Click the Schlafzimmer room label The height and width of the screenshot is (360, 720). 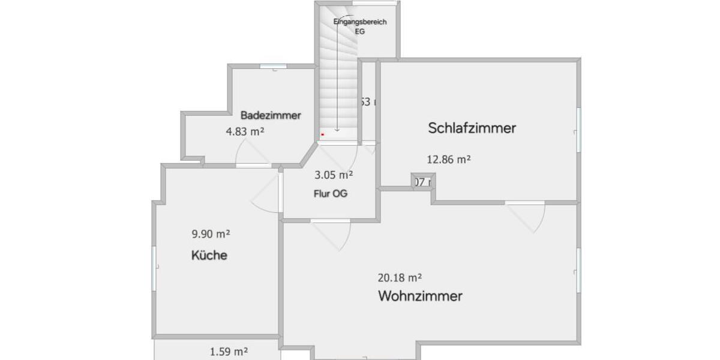click(x=472, y=128)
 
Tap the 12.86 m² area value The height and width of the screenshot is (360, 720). click(x=448, y=160)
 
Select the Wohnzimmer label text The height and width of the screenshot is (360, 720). click(x=420, y=296)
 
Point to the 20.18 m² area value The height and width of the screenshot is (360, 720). click(x=400, y=278)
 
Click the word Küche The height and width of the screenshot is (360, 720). click(x=209, y=255)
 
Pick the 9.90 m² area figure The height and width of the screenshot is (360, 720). click(x=211, y=234)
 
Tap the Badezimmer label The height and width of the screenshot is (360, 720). click(x=271, y=115)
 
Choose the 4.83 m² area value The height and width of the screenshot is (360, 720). click(x=245, y=131)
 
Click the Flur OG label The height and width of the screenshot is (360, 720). click(x=330, y=194)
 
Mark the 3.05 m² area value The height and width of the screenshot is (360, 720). click(x=334, y=175)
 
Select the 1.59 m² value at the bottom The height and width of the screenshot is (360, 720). click(x=229, y=352)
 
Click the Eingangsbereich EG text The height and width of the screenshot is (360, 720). click(x=360, y=26)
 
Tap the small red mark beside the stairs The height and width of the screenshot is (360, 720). click(x=322, y=135)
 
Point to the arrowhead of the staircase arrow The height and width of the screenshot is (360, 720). click(x=337, y=129)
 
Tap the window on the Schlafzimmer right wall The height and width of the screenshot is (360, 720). click(x=579, y=130)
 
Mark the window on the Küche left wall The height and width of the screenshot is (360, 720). click(x=154, y=268)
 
